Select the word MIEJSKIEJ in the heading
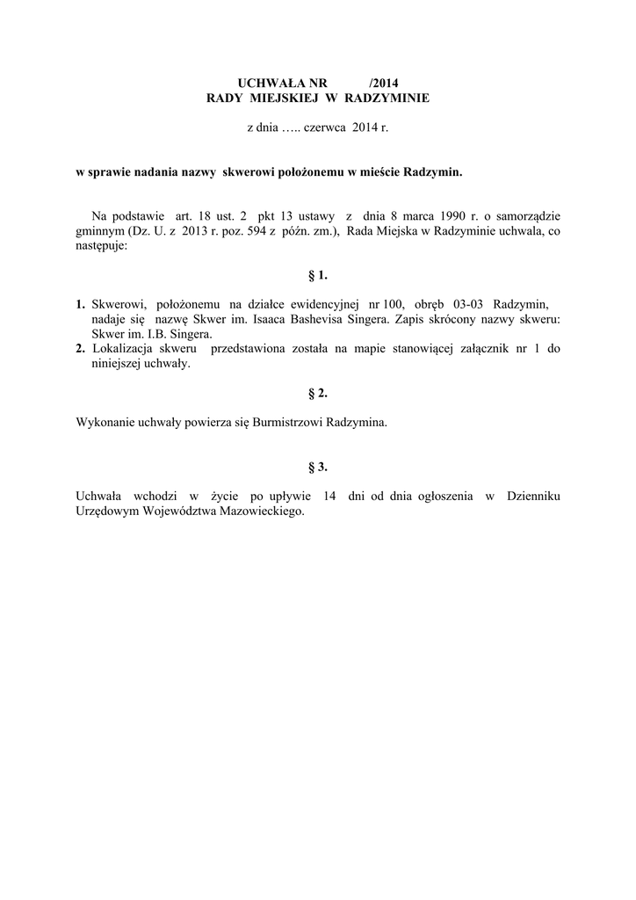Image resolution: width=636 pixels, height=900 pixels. tap(280, 98)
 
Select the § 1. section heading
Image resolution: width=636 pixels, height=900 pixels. tap(317, 275)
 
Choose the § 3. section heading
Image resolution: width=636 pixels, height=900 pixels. tap(317, 467)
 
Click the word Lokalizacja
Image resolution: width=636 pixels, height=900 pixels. tap(121, 349)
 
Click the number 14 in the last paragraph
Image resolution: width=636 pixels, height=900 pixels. tap(330, 497)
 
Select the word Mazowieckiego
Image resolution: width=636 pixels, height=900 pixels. tap(262, 512)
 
